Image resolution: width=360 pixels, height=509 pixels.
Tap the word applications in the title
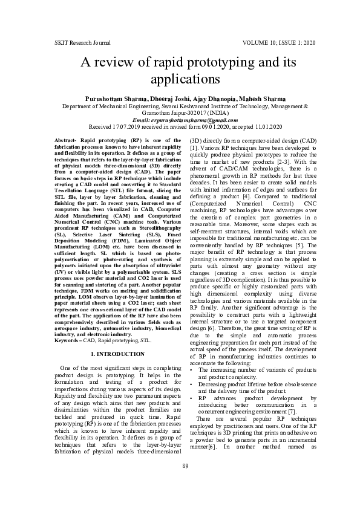[x=179, y=79]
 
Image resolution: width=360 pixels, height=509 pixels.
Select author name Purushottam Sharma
[x=111, y=98]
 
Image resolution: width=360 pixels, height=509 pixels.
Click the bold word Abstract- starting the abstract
[x=67, y=140]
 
